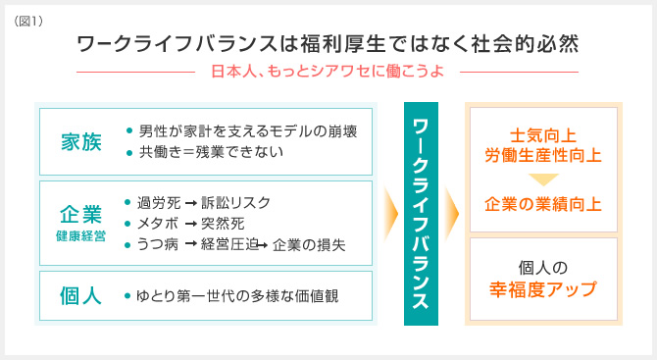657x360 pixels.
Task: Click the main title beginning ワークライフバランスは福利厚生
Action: (328, 45)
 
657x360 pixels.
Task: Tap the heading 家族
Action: (80, 141)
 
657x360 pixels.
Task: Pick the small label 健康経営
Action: (80, 236)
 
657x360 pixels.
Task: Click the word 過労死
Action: (159, 203)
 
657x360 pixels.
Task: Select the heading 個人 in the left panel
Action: (80, 294)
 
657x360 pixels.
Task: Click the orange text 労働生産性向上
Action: (542, 155)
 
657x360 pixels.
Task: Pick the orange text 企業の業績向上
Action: (542, 204)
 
